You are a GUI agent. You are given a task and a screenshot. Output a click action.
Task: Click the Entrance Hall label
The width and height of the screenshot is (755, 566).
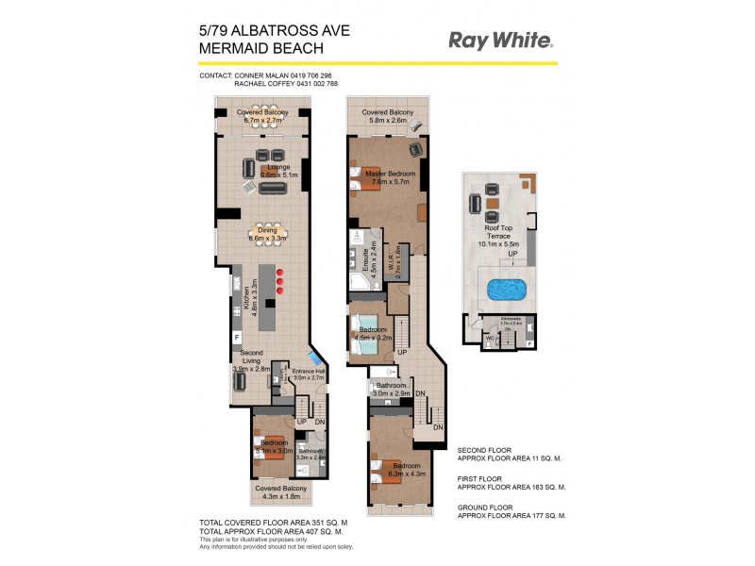[308, 374]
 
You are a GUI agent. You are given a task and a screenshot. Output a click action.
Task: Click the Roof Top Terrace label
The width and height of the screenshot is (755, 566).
[498, 230]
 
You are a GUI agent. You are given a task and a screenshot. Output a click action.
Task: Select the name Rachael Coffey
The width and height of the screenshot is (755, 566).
[261, 84]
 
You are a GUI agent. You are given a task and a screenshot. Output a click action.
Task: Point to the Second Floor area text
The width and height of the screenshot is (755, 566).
[511, 456]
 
